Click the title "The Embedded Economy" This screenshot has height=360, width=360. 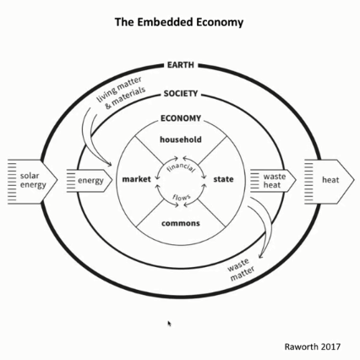[x=179, y=22]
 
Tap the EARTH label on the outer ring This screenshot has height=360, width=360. [x=181, y=65]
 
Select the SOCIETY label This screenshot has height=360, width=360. [x=181, y=94]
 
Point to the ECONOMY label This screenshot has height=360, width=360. [x=181, y=118]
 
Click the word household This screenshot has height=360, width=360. [x=181, y=139]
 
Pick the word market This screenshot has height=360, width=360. [x=137, y=179]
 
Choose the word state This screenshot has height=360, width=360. [x=223, y=179]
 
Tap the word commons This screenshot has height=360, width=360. [x=181, y=223]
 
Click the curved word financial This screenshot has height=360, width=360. [x=181, y=167]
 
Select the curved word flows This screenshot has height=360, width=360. [x=182, y=197]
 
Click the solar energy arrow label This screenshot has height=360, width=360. [x=33, y=180]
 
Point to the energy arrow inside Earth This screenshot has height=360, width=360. [x=90, y=181]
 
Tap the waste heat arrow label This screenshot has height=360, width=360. [x=274, y=181]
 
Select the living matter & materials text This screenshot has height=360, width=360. [x=121, y=93]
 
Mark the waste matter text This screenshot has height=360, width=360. [x=241, y=270]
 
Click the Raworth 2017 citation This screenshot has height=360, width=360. [x=313, y=346]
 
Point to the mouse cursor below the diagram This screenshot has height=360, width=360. [x=169, y=324]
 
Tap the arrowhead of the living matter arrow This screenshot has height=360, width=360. [x=109, y=164]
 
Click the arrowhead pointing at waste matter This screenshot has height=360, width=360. [x=260, y=255]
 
